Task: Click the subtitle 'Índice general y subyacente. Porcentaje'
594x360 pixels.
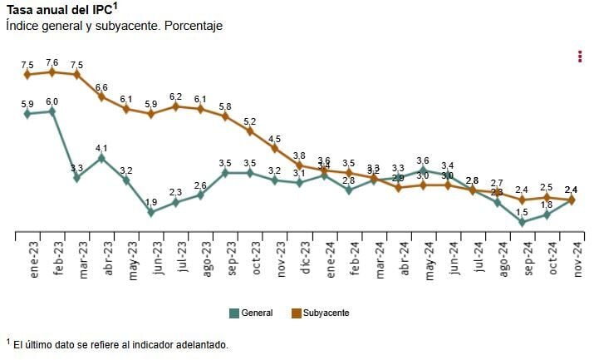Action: tap(114, 27)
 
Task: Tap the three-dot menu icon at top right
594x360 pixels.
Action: tap(579, 57)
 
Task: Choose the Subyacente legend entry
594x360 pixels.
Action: tap(320, 313)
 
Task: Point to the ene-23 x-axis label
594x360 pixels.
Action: tap(35, 259)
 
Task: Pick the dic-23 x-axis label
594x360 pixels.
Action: tap(307, 259)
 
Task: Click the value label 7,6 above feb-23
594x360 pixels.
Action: tap(52, 62)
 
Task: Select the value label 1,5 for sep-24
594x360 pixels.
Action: tap(522, 212)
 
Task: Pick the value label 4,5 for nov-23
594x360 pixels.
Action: tap(274, 139)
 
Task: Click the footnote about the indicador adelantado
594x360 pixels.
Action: tap(116, 344)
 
